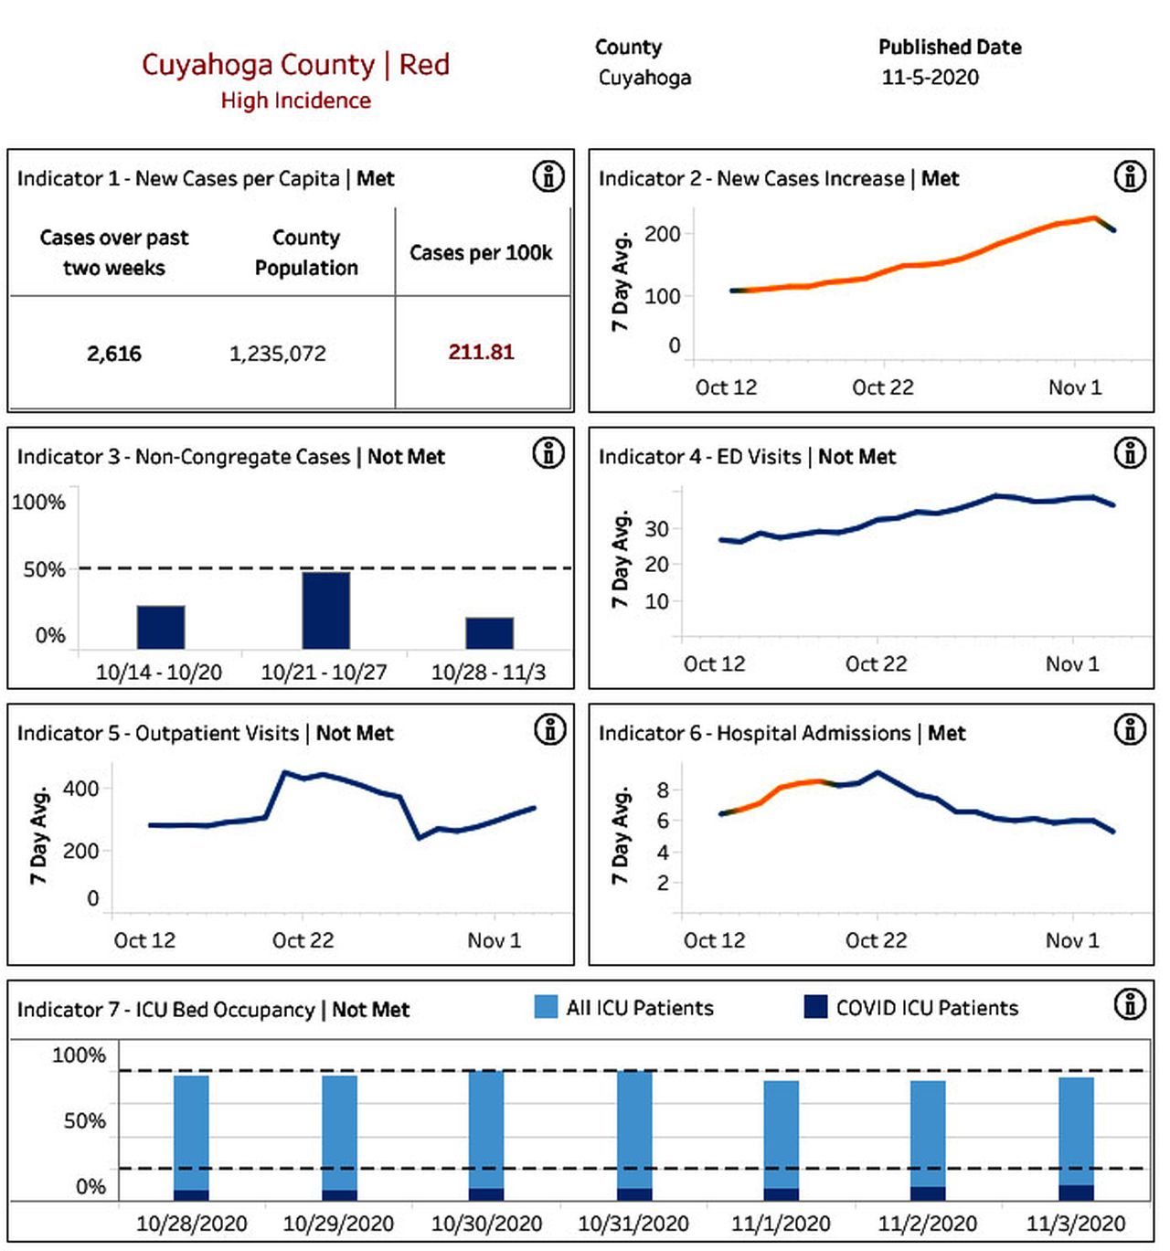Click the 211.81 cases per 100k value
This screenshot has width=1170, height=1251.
click(x=481, y=352)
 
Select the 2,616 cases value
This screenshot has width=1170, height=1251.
click(x=114, y=354)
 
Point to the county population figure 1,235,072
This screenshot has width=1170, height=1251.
click(x=277, y=354)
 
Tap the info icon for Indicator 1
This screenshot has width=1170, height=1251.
click(x=549, y=177)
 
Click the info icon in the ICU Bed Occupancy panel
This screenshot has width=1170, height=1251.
click(x=1131, y=1004)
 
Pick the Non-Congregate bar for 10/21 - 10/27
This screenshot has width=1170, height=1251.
click(x=326, y=610)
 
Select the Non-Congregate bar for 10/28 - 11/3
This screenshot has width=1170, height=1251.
click(x=490, y=632)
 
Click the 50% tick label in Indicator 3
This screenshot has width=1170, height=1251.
click(x=44, y=569)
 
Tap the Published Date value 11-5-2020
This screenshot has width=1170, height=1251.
click(x=930, y=78)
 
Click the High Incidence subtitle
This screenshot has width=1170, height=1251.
click(x=295, y=101)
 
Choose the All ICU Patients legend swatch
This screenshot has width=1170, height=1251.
click(x=546, y=1007)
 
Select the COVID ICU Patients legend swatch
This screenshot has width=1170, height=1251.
click(x=815, y=1007)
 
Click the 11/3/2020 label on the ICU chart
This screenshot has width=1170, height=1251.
click(x=1076, y=1224)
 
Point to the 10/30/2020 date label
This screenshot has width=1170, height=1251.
click(x=486, y=1224)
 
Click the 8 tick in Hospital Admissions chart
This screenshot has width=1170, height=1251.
click(x=662, y=790)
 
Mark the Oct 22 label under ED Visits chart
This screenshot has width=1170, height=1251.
click(x=876, y=663)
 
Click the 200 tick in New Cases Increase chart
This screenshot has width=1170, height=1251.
click(x=662, y=234)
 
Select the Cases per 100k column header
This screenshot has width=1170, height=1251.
click(x=481, y=252)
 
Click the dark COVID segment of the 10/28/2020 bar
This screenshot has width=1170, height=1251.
click(x=191, y=1195)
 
